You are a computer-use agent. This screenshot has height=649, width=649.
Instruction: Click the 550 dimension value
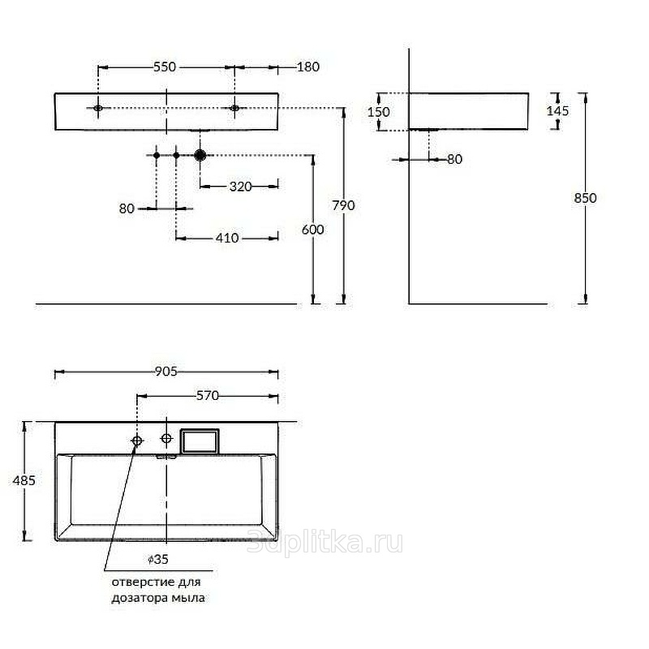[165, 67]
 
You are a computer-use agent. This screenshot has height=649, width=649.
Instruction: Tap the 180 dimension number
[308, 67]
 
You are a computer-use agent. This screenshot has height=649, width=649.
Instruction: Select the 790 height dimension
[343, 205]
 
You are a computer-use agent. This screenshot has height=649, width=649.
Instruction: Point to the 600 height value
[313, 230]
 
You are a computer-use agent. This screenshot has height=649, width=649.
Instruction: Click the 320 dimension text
[240, 187]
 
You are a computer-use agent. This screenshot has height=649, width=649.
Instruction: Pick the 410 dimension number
[227, 238]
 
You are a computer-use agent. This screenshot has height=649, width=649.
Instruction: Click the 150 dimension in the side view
[379, 112]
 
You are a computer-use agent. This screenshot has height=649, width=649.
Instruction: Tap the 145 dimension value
[558, 111]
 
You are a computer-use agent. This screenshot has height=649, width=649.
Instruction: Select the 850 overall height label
[585, 198]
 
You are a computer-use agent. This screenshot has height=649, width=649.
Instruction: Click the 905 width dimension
[166, 372]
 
